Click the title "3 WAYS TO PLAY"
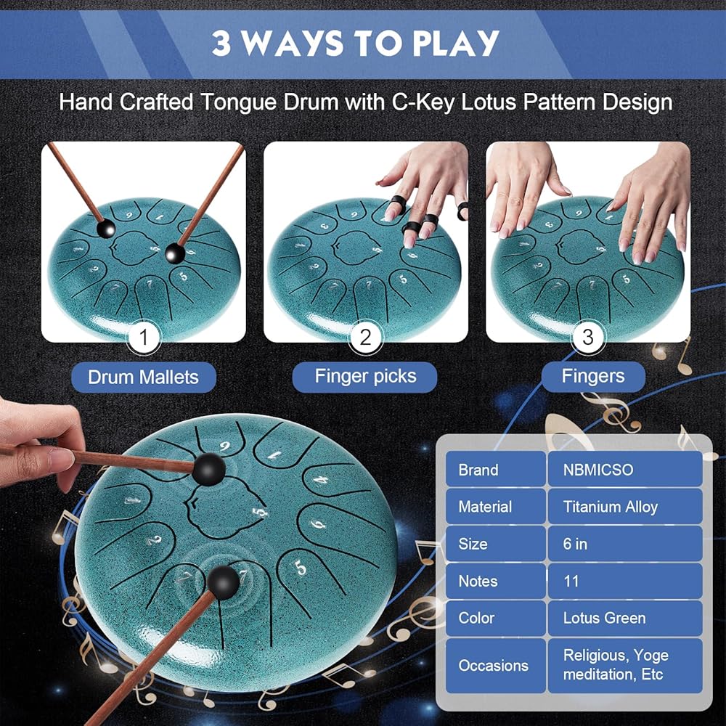356,44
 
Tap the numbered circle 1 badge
144,337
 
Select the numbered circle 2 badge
365,337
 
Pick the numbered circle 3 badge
587,337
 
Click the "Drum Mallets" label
144,378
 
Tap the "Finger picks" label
365,376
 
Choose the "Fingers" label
593,376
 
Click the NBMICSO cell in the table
625,469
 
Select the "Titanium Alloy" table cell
625,507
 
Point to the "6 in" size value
625,544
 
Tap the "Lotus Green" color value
625,618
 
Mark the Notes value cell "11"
625,581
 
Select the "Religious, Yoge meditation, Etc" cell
625,665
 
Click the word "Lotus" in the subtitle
489,102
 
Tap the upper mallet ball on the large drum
209,470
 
